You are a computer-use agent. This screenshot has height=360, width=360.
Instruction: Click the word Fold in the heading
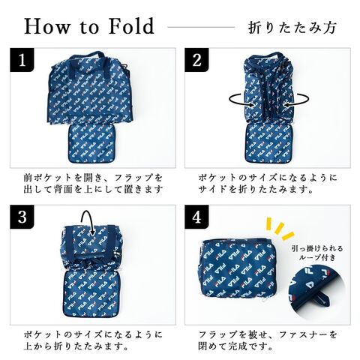[x=132, y=26]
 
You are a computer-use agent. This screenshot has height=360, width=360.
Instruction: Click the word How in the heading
[x=46, y=26]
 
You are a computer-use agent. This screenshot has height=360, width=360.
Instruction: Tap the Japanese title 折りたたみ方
[x=292, y=27]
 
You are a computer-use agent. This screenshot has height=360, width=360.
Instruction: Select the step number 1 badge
[x=22, y=60]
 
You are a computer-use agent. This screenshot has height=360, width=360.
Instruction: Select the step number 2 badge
[x=196, y=60]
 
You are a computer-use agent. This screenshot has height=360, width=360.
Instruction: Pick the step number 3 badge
[x=22, y=217]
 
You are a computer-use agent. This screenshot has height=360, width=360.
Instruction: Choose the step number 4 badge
[x=196, y=217]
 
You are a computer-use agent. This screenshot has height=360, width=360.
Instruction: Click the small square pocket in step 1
[x=91, y=144]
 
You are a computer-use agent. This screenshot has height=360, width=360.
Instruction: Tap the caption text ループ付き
[x=317, y=257]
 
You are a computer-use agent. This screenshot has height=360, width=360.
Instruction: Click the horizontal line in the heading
[x=201, y=27]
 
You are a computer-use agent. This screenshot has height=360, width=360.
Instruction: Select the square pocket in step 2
[x=268, y=143]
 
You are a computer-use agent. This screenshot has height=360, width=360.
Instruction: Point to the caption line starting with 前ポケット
[x=93, y=178]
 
